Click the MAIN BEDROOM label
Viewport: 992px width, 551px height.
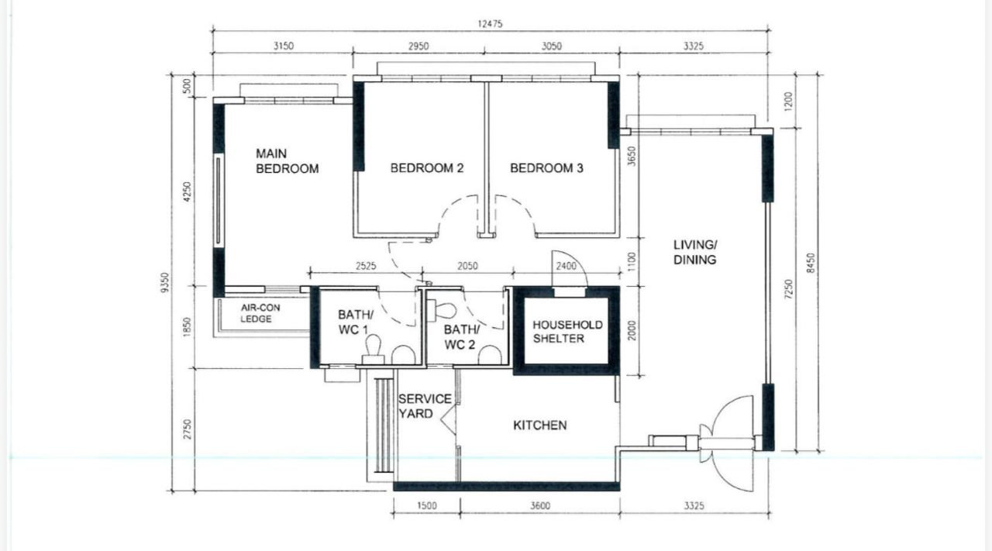287,161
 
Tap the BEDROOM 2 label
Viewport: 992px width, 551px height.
427,168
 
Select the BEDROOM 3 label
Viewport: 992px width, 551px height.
546,168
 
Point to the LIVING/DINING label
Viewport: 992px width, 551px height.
695,252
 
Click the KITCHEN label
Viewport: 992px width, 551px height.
540,425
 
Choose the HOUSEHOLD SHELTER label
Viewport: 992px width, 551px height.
567,332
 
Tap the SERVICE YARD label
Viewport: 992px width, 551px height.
425,406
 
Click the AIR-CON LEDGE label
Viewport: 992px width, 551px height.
260,313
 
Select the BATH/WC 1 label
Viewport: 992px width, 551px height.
356,322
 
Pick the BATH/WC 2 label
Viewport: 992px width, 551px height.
461,337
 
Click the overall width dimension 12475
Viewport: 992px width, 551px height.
490,24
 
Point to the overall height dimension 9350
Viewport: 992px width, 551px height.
165,283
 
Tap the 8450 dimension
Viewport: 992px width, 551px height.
811,263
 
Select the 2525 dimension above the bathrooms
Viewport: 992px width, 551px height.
366,266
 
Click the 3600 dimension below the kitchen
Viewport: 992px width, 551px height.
540,506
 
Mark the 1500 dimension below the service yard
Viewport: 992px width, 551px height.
427,506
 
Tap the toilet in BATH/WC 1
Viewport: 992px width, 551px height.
373,349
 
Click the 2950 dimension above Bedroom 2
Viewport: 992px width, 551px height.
418,46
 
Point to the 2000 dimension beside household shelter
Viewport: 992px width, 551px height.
632,330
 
